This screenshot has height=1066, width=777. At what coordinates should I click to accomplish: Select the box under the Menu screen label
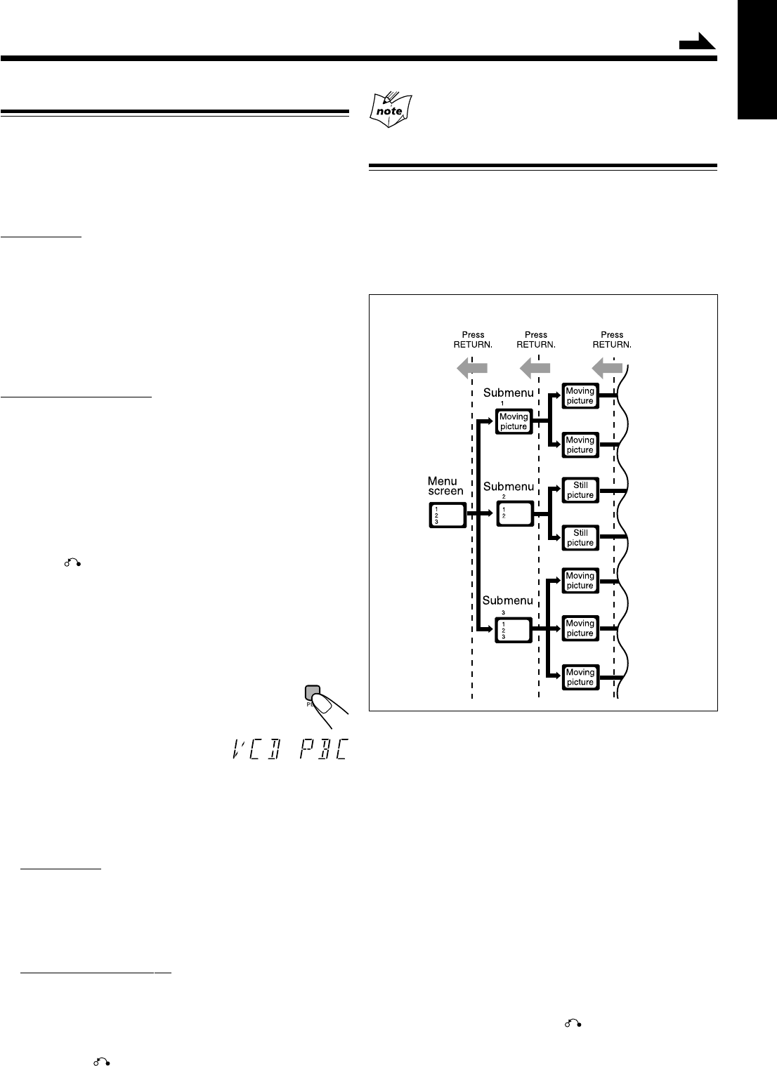447,515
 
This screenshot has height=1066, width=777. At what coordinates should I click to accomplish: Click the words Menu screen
445,486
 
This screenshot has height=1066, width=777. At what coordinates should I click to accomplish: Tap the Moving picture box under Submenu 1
514,421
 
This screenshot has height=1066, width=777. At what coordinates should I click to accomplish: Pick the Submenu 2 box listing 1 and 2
514,515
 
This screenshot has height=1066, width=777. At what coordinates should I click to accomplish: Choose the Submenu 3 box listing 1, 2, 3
514,628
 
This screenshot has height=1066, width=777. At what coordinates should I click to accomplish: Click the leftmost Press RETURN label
473,340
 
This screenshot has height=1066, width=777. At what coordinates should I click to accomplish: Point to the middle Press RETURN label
536,340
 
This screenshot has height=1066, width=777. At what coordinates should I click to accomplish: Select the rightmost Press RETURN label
612,340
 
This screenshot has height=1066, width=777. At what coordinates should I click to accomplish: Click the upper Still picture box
580,490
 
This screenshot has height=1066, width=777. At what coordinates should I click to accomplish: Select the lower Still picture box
580,538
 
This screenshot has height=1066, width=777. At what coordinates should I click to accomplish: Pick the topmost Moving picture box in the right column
580,396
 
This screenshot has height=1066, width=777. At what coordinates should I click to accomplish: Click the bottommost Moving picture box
580,677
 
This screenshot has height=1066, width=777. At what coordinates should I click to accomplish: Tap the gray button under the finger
313,692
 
